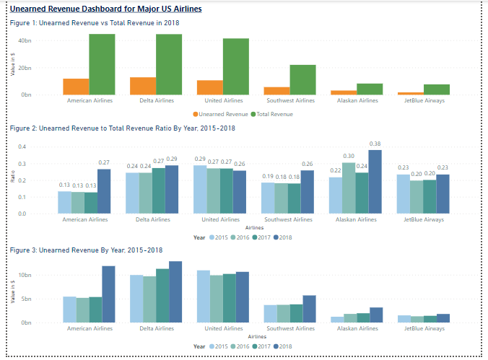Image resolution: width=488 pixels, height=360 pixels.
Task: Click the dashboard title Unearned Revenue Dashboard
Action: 106,9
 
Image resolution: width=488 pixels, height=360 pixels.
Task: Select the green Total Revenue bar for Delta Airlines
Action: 169,64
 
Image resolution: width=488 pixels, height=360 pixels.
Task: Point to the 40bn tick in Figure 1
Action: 25,41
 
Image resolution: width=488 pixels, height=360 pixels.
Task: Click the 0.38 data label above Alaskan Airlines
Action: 375,144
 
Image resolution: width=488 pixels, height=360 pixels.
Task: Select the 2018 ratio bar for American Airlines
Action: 104,191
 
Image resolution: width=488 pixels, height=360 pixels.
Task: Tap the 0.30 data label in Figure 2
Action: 349,156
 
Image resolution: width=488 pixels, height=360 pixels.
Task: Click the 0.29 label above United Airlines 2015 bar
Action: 200,159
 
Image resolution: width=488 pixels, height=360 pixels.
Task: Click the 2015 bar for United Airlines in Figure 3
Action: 204,296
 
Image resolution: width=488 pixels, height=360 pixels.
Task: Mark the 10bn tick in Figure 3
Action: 24,276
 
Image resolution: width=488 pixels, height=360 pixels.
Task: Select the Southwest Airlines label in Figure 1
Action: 289,100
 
